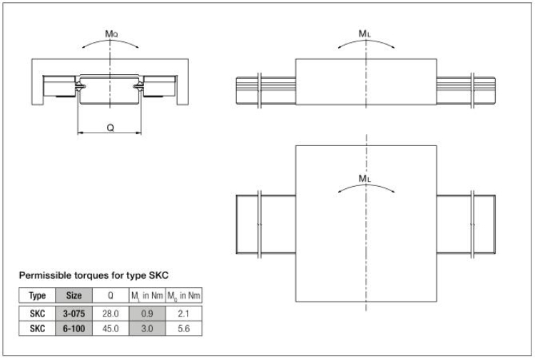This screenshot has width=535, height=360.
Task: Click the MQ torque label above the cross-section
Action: click(x=111, y=34)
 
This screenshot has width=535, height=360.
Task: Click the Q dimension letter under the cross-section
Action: click(x=110, y=128)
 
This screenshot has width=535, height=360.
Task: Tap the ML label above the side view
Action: click(x=365, y=34)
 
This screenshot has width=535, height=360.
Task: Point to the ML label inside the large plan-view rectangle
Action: click(x=365, y=178)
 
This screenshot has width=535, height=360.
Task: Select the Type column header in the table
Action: click(x=37, y=296)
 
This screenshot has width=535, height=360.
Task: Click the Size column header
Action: click(x=73, y=295)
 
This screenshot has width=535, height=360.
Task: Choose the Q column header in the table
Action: click(x=110, y=295)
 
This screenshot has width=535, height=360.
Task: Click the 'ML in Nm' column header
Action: click(x=147, y=296)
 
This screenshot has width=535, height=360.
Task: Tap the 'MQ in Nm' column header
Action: click(x=183, y=296)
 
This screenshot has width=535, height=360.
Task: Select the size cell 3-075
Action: click(x=73, y=314)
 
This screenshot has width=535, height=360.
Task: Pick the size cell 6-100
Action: click(x=73, y=329)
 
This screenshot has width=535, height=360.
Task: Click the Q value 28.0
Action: click(x=110, y=314)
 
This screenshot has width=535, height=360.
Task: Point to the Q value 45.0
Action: click(x=110, y=329)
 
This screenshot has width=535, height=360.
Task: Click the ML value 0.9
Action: click(x=147, y=314)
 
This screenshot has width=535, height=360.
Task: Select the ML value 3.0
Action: click(x=147, y=329)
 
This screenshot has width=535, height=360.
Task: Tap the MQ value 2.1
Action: click(x=183, y=314)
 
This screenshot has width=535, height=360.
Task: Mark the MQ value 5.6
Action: click(x=183, y=329)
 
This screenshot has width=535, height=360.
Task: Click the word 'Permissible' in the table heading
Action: click(x=43, y=275)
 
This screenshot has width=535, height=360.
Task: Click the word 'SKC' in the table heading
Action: click(x=158, y=275)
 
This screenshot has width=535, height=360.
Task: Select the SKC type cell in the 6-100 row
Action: click(x=37, y=329)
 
